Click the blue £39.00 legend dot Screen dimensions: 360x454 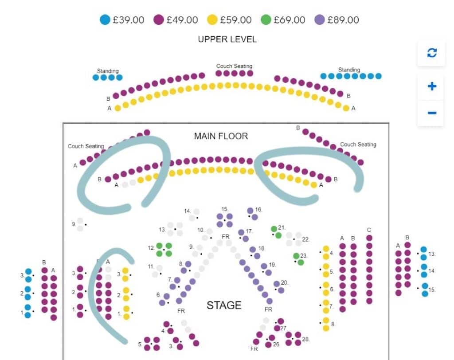pos(105,20)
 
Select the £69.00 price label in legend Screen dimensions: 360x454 pos(290,20)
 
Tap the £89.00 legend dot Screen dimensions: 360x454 pos(319,20)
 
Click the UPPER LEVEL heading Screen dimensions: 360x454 pos(227,39)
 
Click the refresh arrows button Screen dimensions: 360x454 pos(431,53)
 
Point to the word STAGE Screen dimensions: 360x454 pos(224,305)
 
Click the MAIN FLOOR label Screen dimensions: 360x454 pos(221,136)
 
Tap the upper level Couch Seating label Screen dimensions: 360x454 pos(234,66)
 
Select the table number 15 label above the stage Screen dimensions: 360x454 pos(225,209)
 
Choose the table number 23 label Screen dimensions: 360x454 pos(304,255)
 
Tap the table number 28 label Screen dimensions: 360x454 pos(305,339)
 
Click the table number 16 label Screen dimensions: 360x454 pos(258,209)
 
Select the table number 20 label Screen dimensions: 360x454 pos(284,282)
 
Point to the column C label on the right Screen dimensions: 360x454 pos(369,230)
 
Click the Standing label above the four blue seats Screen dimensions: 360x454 pos(108,71)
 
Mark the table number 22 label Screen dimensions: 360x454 pos(305,239)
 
